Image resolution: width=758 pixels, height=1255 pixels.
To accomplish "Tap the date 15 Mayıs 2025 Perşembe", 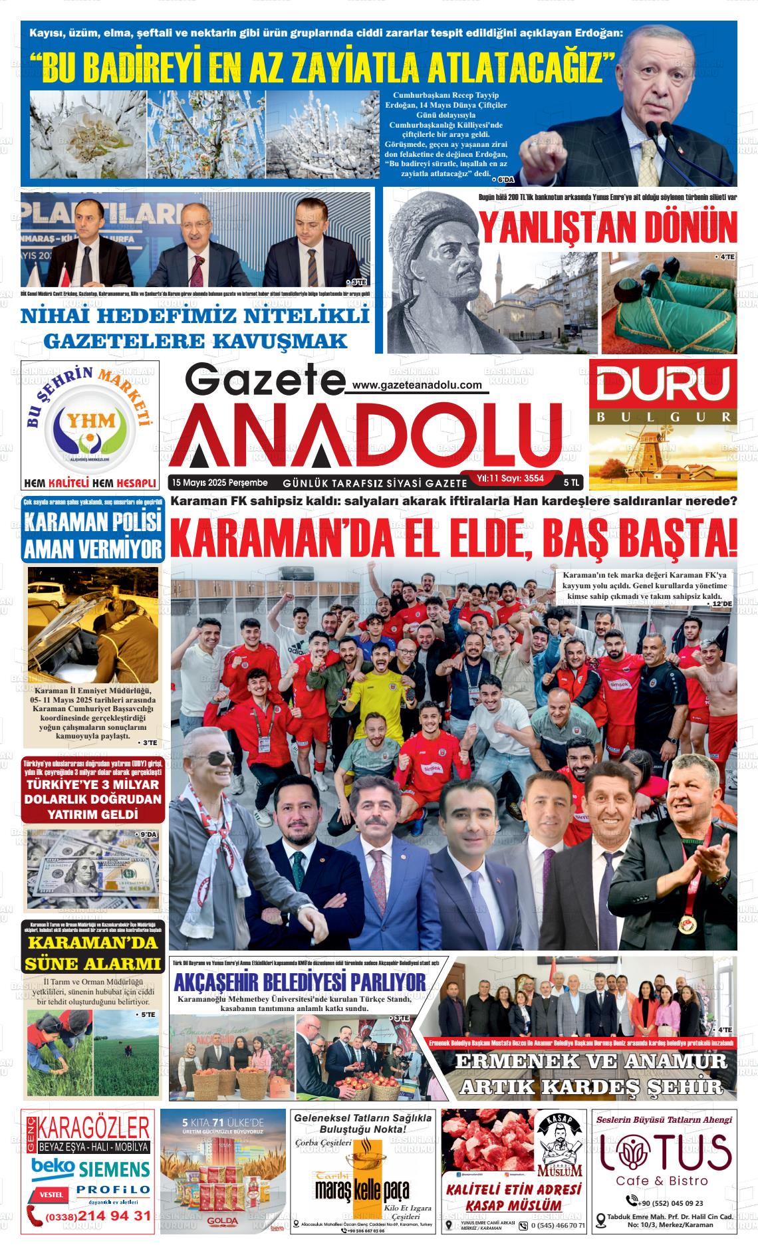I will click(x=219, y=482).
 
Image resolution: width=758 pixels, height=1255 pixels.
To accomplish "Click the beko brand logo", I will click(x=53, y=1167).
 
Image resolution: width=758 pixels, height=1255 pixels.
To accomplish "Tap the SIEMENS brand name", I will click(x=114, y=1168).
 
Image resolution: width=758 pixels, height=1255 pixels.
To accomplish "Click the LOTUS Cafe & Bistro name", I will click(x=666, y=1153).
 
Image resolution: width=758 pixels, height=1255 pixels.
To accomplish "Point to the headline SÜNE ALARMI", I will click(x=92, y=963).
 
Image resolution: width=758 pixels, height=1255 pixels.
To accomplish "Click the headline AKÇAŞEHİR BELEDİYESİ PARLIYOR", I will click(x=300, y=981).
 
